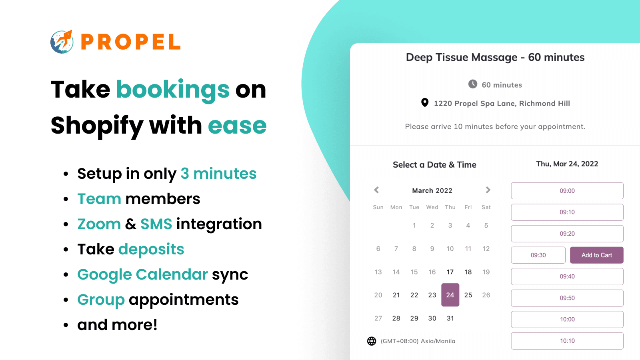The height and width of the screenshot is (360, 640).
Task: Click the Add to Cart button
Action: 596,255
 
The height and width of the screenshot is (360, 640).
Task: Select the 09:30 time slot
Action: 538,255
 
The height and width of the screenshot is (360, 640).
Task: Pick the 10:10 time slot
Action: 567,341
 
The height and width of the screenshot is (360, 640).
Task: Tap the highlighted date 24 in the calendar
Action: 450,295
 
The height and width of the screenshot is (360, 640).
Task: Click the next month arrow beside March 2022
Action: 488,190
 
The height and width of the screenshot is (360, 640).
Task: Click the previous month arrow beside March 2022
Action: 376,190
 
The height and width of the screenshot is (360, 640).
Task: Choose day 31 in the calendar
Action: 450,318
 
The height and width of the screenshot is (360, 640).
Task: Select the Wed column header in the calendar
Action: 432,207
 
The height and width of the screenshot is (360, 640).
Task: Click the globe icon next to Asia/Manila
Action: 372,341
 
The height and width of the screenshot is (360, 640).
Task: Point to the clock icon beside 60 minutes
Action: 473,84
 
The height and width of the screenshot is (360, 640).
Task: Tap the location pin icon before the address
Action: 425,103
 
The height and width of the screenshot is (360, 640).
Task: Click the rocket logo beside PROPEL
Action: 62,42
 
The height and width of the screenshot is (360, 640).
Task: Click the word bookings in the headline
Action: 173,89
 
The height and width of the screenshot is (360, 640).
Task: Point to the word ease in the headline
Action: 237,126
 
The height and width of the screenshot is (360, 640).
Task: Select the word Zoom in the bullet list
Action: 99,224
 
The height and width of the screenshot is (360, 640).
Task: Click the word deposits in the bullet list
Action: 151,249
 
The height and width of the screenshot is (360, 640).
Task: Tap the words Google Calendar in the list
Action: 142,274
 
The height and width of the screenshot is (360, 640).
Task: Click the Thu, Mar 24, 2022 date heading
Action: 567,164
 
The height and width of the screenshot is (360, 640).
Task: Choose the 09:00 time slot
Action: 567,191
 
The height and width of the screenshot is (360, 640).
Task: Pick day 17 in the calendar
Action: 450,272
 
